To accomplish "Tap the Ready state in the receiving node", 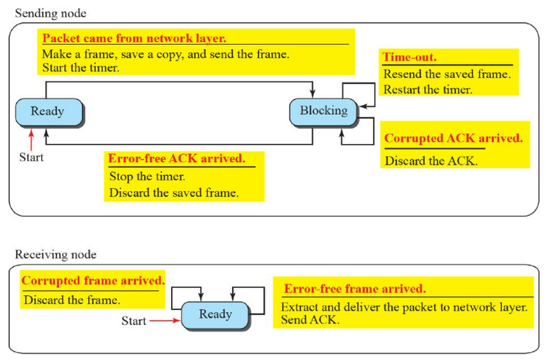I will coord(215,314).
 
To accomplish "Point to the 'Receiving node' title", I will coord(55,254).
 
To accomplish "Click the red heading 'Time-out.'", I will coord(406,56).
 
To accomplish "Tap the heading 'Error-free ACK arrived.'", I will coord(177,158).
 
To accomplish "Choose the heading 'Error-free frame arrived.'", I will coord(355,289).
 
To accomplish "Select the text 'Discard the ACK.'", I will coord(431,160).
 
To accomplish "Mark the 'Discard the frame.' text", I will coord(72,300).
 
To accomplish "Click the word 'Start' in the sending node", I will coord(31,156).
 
